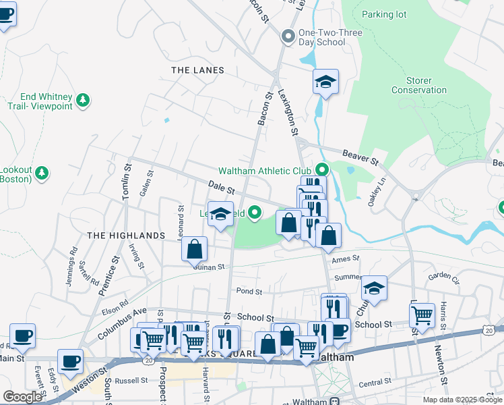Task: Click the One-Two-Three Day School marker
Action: click(x=288, y=36)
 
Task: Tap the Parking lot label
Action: click(x=385, y=14)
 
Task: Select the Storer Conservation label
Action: click(x=419, y=85)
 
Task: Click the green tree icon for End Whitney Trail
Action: click(x=83, y=101)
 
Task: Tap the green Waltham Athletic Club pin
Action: click(x=321, y=170)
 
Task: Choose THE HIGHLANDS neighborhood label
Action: click(x=126, y=235)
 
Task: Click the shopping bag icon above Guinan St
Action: click(x=194, y=248)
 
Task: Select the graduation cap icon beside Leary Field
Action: click(x=220, y=215)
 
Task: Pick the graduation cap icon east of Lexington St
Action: click(x=325, y=82)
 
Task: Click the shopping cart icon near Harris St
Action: click(x=422, y=315)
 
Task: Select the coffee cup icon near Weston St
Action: click(x=70, y=361)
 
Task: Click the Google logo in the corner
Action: click(x=22, y=397)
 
